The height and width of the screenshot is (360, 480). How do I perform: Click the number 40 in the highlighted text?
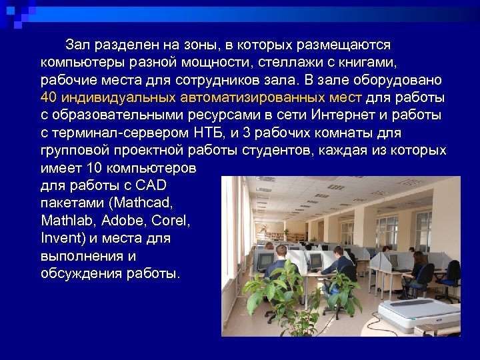click(x=47, y=98)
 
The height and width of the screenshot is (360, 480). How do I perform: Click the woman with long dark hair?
click(x=419, y=263)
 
